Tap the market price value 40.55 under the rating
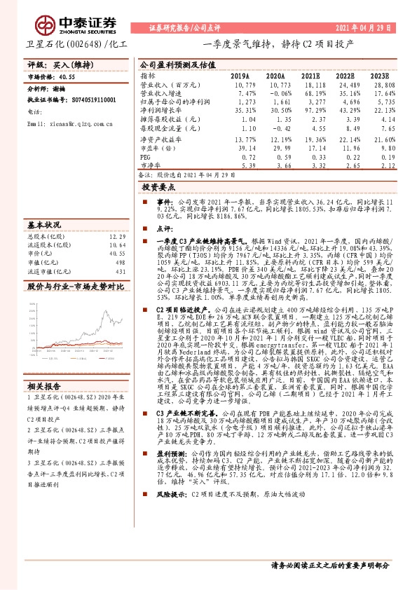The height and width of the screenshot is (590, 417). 67,76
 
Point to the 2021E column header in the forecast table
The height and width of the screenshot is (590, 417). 311,75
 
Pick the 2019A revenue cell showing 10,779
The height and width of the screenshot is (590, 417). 240,83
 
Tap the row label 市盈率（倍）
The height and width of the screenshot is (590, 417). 158,148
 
